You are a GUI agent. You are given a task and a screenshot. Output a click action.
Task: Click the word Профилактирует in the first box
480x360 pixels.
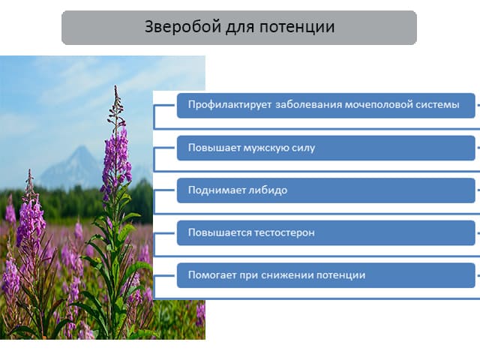pyautogui.click(x=229, y=105)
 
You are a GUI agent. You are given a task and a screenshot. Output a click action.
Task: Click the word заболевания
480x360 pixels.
pyautogui.click(x=308, y=105)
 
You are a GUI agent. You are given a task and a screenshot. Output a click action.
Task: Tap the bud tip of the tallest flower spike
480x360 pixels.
pyautogui.click(x=115, y=86)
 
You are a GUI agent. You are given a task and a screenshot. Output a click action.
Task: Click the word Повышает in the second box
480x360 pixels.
pyautogui.click(x=214, y=148)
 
